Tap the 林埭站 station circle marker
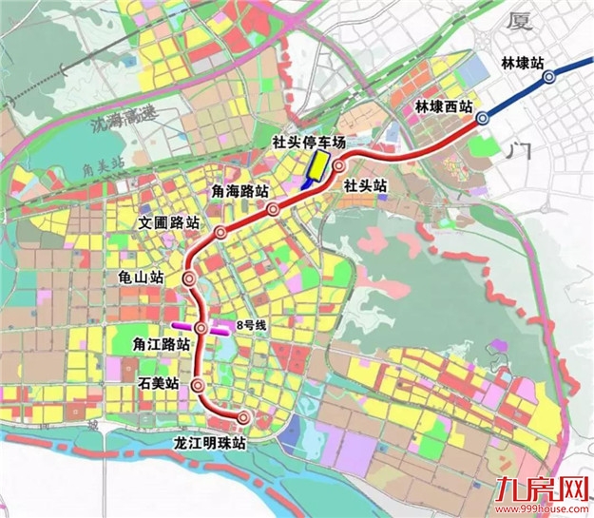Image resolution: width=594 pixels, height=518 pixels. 547,79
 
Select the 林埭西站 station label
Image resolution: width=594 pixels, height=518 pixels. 445,107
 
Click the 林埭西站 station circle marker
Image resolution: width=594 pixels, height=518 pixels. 483,118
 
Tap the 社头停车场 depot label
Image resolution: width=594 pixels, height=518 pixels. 305,143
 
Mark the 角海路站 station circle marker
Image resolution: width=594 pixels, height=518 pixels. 273,209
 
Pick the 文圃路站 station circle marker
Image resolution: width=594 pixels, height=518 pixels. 220,233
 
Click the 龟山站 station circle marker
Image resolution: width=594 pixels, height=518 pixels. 188,279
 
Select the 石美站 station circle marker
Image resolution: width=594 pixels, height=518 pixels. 197,386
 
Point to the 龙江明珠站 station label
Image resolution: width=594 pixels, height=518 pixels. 209,443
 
